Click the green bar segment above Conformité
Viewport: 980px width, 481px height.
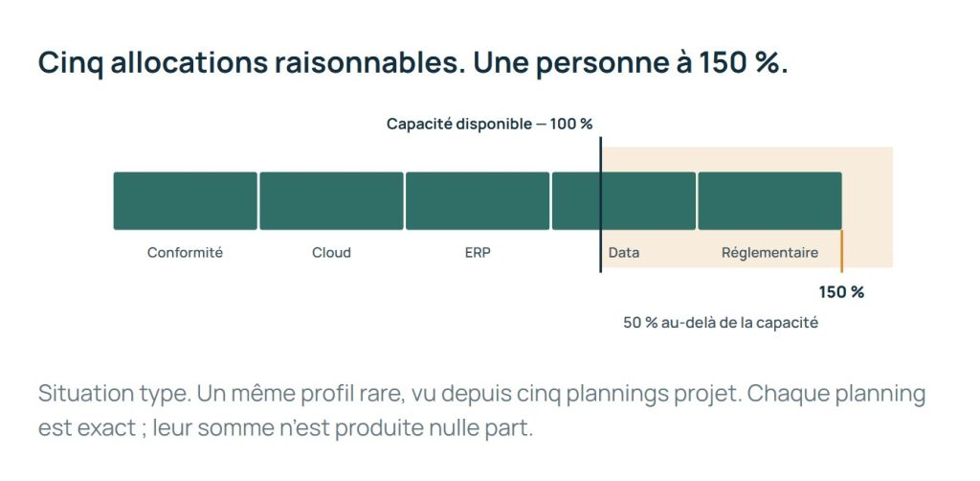pos(185,201)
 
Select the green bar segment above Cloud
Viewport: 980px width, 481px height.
pos(331,201)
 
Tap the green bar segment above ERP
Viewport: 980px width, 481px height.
pos(478,201)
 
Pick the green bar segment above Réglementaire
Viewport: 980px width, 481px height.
pos(770,201)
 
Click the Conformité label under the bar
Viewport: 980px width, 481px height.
pos(185,253)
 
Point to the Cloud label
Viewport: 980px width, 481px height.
pos(331,253)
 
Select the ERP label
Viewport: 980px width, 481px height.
pos(478,253)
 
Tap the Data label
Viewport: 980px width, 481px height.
pos(624,253)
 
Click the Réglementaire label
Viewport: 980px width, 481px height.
pos(770,253)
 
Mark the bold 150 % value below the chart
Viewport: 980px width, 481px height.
pos(841,292)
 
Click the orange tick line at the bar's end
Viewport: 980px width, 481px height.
pos(841,251)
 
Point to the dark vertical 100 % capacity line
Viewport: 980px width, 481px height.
pos(600,205)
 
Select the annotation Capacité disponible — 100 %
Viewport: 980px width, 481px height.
pos(489,124)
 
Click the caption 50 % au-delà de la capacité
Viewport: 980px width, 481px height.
pos(721,323)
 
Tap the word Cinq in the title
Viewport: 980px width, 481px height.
pos(71,63)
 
